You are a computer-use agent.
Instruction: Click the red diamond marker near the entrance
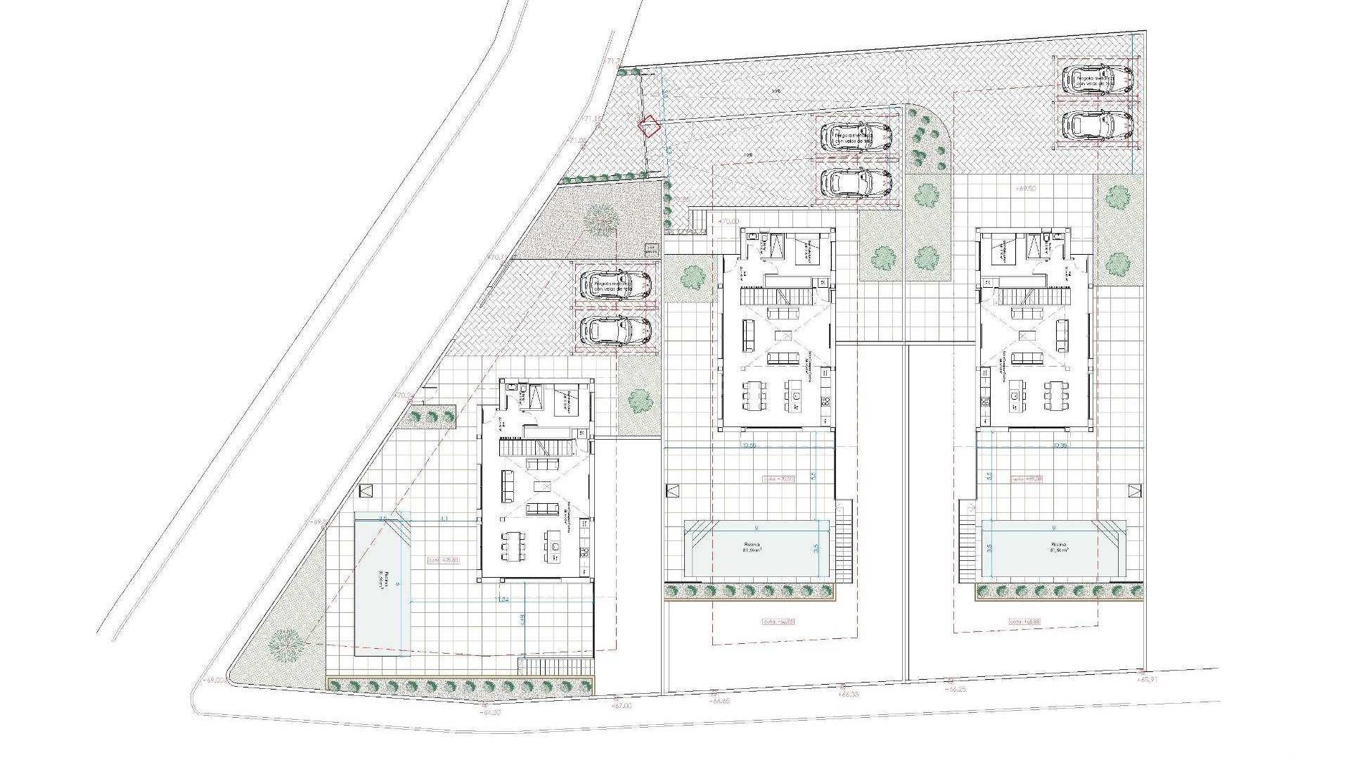[649, 126]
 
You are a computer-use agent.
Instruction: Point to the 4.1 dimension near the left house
[444, 519]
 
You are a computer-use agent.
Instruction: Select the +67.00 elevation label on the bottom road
[622, 706]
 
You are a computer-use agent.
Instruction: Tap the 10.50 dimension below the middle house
[748, 445]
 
